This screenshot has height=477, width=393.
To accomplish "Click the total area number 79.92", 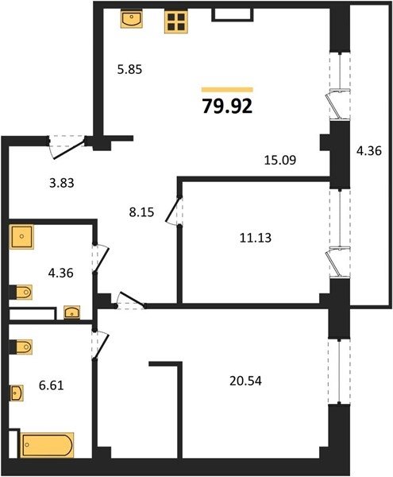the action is [227, 107].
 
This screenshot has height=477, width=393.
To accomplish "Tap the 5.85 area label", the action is [129, 70].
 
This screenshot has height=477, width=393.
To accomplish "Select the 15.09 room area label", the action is [280, 160].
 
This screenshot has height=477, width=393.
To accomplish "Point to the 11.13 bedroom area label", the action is [256, 238].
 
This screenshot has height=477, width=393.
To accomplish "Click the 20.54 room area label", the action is [245, 381].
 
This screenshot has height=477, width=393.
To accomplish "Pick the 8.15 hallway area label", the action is [141, 212].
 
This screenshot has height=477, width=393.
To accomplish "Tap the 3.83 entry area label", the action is [62, 183].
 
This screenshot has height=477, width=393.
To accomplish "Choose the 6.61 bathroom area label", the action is [52, 386].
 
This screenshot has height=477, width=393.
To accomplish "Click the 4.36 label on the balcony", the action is [369, 150].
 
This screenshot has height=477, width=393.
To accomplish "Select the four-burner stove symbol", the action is [176, 21].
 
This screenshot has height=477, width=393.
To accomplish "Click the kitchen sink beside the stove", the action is [132, 19].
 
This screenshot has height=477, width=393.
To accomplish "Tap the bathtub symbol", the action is [47, 444].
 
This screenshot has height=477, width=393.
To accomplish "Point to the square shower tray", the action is [21, 237].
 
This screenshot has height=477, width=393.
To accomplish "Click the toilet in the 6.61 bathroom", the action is [21, 347].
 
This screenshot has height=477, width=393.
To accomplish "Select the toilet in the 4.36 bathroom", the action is [21, 293].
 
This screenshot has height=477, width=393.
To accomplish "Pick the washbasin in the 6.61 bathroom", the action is [17, 394].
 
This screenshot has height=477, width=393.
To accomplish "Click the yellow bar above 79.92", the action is [227, 89].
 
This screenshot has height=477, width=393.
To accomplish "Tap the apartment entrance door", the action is [67, 149].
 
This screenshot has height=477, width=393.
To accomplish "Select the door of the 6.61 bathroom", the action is [101, 345].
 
